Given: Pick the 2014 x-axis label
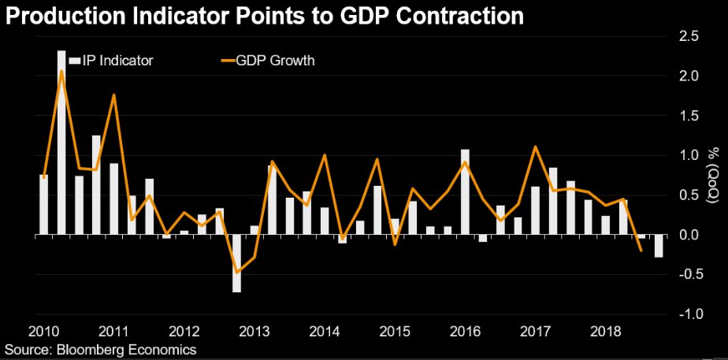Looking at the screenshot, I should coord(325,330).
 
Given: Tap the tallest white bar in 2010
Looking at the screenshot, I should coord(61,142).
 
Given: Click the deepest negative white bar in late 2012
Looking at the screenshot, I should coord(236,263).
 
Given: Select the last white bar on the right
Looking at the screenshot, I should coord(658,245).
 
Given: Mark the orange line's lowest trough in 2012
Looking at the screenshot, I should coord(236,273).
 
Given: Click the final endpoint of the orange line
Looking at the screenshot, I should coord(641,251).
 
